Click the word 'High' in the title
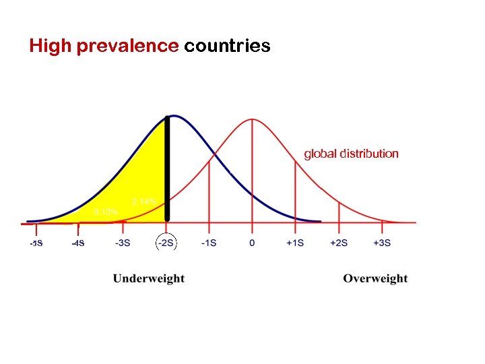(x=51, y=46)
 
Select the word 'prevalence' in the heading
(x=128, y=46)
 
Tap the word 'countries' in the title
(x=227, y=46)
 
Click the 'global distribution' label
(x=351, y=154)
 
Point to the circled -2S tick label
(x=166, y=243)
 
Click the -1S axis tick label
(x=209, y=243)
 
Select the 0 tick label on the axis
(x=252, y=243)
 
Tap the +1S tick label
(x=295, y=243)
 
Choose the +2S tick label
(x=339, y=243)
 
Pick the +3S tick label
(x=382, y=243)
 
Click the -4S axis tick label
(x=78, y=243)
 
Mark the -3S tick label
(x=123, y=243)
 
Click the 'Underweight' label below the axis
(x=148, y=278)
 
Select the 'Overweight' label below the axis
(x=375, y=278)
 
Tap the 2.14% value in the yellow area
(x=144, y=202)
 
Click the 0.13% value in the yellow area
(x=106, y=212)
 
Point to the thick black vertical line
(x=168, y=169)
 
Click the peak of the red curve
(x=252, y=120)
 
